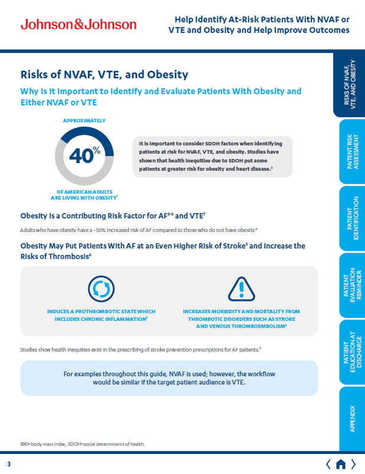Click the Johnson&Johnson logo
click(78, 24)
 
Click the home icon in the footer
click(340, 463)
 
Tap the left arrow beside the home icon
click(328, 463)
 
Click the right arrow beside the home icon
click(353, 463)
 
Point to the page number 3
click(9, 464)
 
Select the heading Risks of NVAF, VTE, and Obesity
click(104, 75)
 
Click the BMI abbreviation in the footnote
click(25, 443)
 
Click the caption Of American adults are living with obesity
click(85, 195)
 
